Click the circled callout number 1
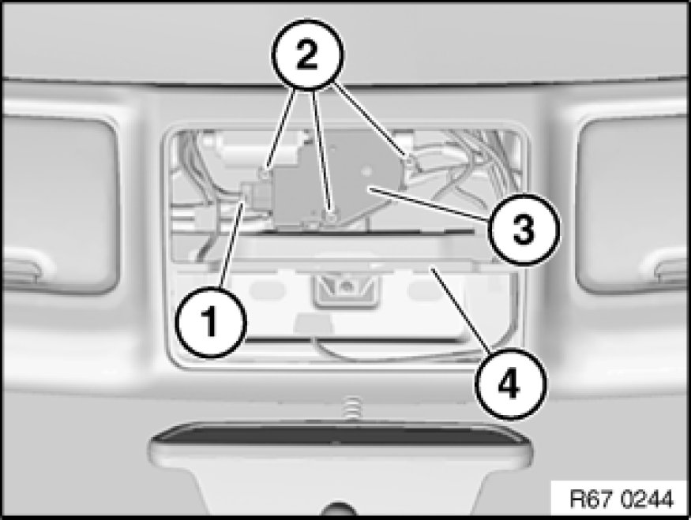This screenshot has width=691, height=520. click(x=210, y=322)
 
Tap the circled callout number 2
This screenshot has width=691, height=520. click(x=307, y=55)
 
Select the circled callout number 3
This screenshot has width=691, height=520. click(x=524, y=230)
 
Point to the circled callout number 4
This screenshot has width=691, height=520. click(x=510, y=383)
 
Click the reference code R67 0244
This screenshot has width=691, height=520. click(x=622, y=499)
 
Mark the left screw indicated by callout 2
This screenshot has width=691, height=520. click(x=265, y=174)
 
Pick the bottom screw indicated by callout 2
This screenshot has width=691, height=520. click(x=332, y=217)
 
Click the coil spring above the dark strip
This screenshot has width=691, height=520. click(x=351, y=408)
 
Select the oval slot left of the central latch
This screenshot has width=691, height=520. click(x=267, y=289)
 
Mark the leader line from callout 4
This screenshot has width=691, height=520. click(x=460, y=309)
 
